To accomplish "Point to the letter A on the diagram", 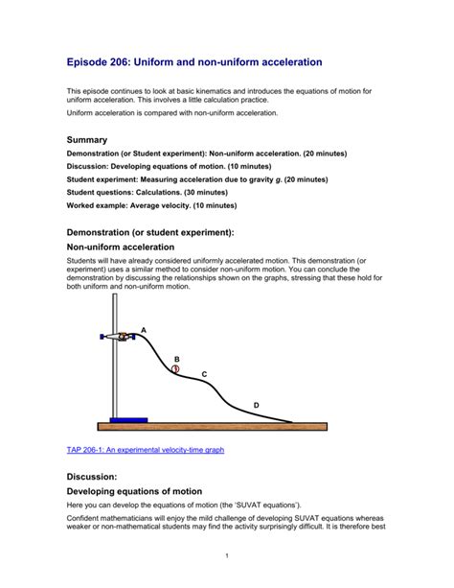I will [x=144, y=330].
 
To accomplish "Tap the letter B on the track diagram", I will [x=176, y=359].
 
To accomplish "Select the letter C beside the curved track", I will [x=203, y=374].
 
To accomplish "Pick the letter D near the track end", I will [x=256, y=406].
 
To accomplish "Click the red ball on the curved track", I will [x=175, y=368].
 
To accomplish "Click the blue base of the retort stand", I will [x=127, y=419].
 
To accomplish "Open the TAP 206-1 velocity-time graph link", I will [x=145, y=449].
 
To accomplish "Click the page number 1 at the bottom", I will [x=226, y=555].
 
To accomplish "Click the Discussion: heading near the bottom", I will [x=91, y=476].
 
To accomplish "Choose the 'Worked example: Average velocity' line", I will [x=134, y=204].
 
